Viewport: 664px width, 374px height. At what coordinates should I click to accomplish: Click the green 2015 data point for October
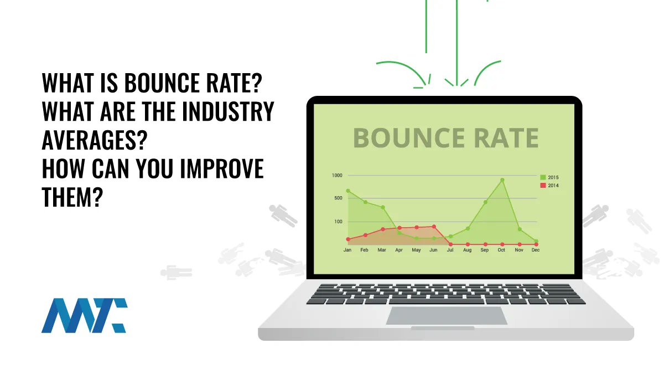pyautogui.click(x=502, y=180)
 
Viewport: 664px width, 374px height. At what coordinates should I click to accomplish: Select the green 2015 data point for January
pyautogui.click(x=348, y=191)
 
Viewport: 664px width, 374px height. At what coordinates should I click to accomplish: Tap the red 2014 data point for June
pyautogui.click(x=434, y=226)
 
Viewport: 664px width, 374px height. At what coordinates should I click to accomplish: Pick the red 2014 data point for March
pyautogui.click(x=382, y=229)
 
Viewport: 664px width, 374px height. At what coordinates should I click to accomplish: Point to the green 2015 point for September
pyautogui.click(x=485, y=202)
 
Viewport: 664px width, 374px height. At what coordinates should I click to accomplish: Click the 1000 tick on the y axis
pyautogui.click(x=337, y=176)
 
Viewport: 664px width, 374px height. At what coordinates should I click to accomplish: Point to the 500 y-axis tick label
pyautogui.click(x=338, y=198)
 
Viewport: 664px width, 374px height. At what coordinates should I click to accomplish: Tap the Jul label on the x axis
pyautogui.click(x=450, y=250)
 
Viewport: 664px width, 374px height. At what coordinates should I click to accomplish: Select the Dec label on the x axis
pyautogui.click(x=536, y=250)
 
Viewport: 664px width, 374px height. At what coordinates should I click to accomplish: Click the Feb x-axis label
pyautogui.click(x=365, y=250)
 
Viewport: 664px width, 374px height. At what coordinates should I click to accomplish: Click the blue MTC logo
pyautogui.click(x=84, y=315)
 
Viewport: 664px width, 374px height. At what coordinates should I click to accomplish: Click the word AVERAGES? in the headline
pyautogui.click(x=94, y=141)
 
